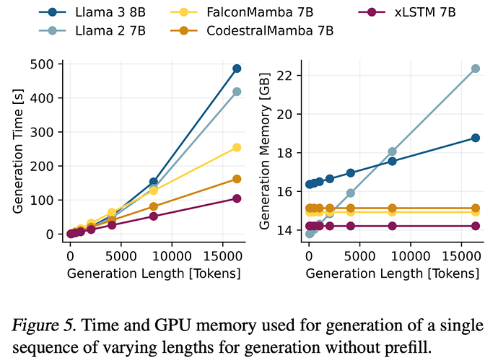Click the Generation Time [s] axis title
[x=17, y=148]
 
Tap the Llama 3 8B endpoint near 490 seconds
[x=237, y=69]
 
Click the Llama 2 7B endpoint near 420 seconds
[x=237, y=92]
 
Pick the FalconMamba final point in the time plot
[x=237, y=147]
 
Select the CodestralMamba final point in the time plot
[x=237, y=179]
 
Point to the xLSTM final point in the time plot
[x=237, y=198]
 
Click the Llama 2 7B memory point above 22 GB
[x=476, y=69]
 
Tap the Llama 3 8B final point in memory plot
[x=476, y=138]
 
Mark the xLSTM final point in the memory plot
[x=476, y=226]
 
